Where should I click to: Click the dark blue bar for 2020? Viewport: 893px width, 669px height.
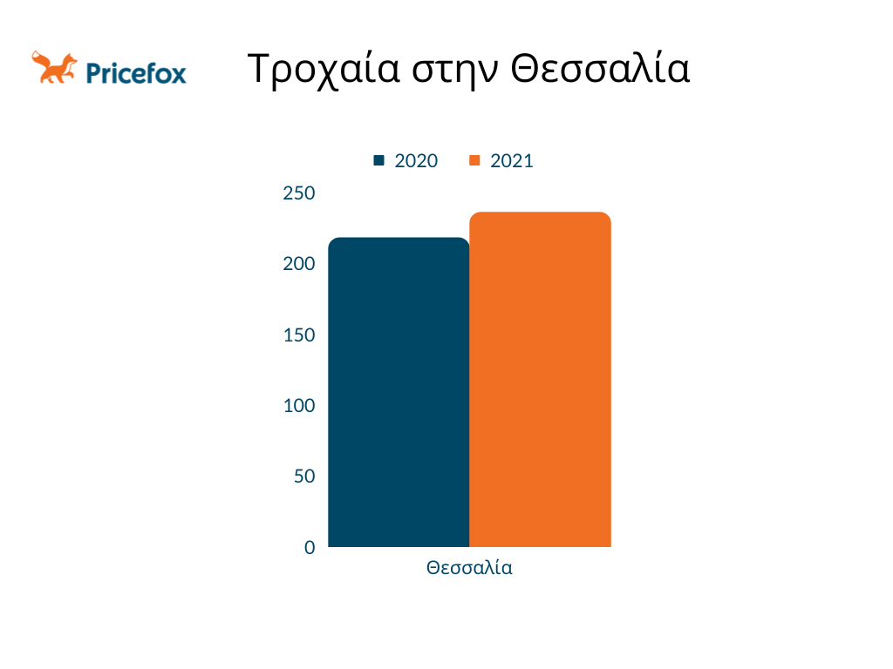pos(399,392)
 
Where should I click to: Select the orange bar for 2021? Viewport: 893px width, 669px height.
pos(541,380)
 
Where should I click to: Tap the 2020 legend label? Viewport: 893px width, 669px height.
pos(416,161)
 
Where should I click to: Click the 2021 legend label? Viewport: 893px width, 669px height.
pos(512,161)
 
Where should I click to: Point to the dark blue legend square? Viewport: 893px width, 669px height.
pos(378,160)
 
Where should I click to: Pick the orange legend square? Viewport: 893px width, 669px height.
pos(474,160)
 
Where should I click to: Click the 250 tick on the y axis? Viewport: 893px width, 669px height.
pos(299,193)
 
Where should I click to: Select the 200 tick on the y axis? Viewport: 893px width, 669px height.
pos(299,264)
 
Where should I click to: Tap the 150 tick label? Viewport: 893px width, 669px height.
pos(299,335)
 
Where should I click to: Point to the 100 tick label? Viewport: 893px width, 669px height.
pos(299,406)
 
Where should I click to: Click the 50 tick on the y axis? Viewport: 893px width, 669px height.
pos(304,476)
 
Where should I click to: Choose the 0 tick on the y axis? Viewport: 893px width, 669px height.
pos(310,547)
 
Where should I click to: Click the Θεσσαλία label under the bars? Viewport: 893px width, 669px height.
pos(469,568)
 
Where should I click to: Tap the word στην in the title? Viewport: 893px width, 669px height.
pos(455,71)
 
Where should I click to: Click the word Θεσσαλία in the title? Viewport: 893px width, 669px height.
pos(600,68)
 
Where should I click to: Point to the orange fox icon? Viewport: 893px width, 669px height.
pos(54,67)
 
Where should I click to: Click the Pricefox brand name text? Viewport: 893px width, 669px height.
pos(136,73)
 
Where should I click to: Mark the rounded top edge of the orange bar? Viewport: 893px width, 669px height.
pos(541,213)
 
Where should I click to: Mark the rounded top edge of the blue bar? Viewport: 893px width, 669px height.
pos(399,239)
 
